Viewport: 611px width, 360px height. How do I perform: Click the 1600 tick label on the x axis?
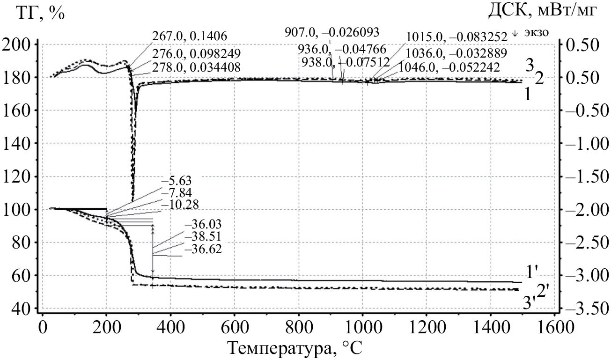[554, 326]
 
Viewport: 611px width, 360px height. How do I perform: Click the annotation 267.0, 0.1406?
[190, 36]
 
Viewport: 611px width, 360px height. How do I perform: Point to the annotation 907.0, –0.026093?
[332, 32]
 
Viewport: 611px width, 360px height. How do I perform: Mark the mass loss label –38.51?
[202, 237]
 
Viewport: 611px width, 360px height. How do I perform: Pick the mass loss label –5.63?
[176, 181]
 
